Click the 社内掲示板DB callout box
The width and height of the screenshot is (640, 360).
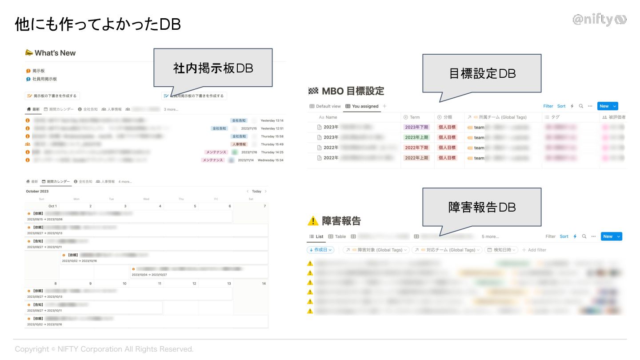[212, 68]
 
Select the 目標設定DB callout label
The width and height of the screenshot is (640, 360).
[482, 73]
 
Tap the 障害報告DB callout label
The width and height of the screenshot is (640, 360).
[482, 207]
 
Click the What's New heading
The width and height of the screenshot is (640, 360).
[55, 53]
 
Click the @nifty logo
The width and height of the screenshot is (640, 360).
[599, 20]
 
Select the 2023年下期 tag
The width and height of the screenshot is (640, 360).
[417, 127]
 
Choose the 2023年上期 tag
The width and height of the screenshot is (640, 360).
[417, 137]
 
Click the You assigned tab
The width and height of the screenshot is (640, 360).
[362, 106]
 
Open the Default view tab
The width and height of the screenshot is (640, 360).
[325, 106]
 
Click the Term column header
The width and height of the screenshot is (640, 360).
[414, 117]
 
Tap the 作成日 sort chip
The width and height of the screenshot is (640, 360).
[320, 250]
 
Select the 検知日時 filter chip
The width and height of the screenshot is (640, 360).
[502, 250]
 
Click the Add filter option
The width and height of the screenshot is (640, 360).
[534, 250]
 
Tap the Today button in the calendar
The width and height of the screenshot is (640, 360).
[256, 191]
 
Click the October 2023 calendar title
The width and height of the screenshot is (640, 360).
[37, 191]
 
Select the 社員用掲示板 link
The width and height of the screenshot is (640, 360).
[44, 79]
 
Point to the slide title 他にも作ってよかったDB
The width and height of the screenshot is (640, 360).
[98, 24]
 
